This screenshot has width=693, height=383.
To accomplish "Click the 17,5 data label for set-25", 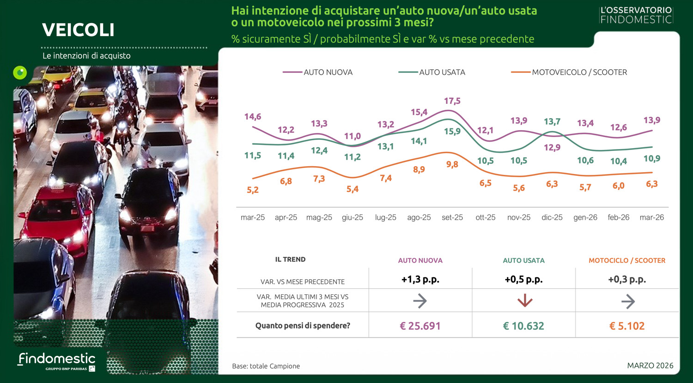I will click(452, 101).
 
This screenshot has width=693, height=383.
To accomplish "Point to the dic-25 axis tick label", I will click(552, 217).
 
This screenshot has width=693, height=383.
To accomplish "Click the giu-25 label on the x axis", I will click(353, 217).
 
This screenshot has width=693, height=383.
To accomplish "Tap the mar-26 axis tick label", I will click(651, 217).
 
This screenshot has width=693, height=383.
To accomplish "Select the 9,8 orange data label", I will click(452, 164).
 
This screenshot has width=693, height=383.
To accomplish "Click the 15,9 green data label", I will click(452, 132).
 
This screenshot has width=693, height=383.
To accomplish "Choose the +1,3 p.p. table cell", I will click(420, 279).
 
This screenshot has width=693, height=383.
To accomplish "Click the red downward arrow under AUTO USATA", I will click(524, 301).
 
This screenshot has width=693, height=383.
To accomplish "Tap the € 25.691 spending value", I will click(420, 326).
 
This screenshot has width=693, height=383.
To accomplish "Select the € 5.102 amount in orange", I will click(627, 326).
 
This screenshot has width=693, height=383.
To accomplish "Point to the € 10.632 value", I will click(523, 326).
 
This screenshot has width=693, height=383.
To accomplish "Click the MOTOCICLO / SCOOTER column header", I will click(627, 260).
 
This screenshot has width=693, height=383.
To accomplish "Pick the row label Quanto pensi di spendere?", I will click(303, 326).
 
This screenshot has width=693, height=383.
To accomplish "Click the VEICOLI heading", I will click(78, 30).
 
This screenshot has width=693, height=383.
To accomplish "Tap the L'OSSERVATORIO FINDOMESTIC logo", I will click(636, 15).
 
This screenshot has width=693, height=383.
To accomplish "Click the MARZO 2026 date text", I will click(650, 365).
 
